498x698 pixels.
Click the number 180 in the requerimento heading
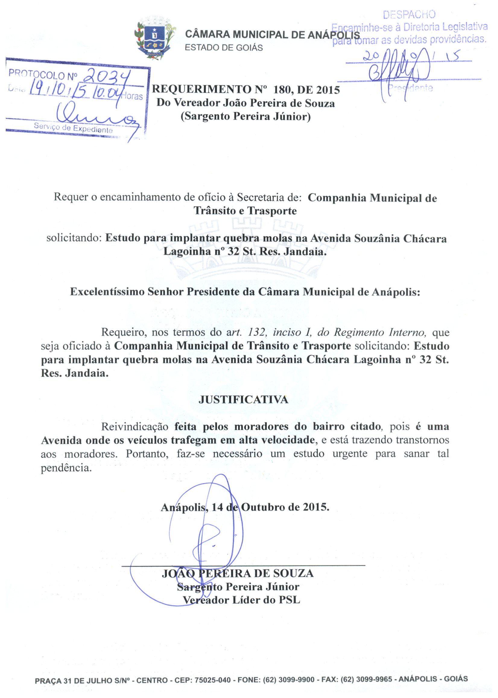[284, 90]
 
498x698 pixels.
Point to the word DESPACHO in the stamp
[409, 14]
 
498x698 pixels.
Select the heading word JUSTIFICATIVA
[243, 400]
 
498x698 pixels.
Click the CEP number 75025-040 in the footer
[213, 680]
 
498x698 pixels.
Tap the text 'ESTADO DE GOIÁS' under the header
[224, 48]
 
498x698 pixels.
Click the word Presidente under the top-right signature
[410, 88]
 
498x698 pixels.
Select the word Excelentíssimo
[107, 292]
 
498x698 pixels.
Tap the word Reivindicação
[135, 426]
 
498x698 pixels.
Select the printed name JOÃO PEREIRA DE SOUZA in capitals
[238, 573]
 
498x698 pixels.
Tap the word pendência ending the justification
[66, 468]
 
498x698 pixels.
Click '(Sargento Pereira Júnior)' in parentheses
[246, 116]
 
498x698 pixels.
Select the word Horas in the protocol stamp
[132, 96]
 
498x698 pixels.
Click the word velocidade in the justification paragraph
[288, 440]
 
